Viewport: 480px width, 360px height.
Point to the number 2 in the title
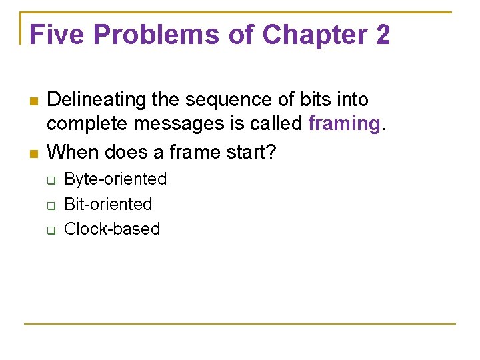[x=382, y=35]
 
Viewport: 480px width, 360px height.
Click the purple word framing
[x=343, y=124]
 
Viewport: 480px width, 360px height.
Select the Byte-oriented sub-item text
[x=115, y=179]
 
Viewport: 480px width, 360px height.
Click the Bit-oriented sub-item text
[x=107, y=204]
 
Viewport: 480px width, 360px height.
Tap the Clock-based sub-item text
[x=111, y=229]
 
